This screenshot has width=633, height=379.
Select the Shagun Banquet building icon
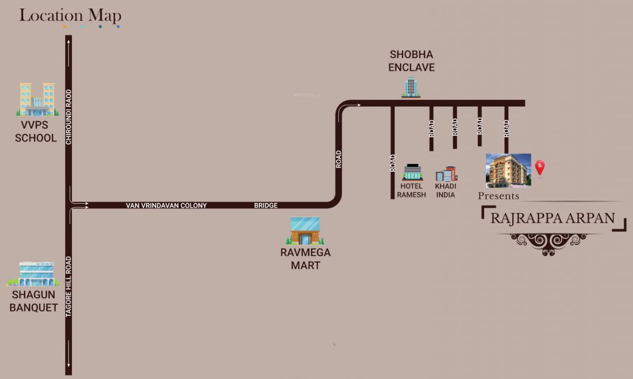[x=33, y=274]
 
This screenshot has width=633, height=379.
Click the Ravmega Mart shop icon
[x=305, y=231]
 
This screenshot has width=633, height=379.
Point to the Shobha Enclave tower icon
[x=411, y=87]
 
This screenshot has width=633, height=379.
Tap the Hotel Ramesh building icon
[x=413, y=172]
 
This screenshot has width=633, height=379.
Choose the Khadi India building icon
[x=446, y=174]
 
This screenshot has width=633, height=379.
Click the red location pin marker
[x=540, y=167]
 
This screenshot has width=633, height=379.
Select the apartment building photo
[x=508, y=170]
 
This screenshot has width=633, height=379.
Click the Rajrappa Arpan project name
[x=553, y=218]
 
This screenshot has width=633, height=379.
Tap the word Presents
[x=498, y=196]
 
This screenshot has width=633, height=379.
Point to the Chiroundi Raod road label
[x=69, y=116]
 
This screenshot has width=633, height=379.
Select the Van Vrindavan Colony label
[x=166, y=205]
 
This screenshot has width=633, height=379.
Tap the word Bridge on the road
[x=266, y=205]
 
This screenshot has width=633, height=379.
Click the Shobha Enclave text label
[x=412, y=61]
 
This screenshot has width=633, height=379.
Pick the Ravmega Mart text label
[x=305, y=259]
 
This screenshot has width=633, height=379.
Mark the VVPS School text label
[x=35, y=131]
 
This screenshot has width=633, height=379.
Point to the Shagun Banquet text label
[x=34, y=301]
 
